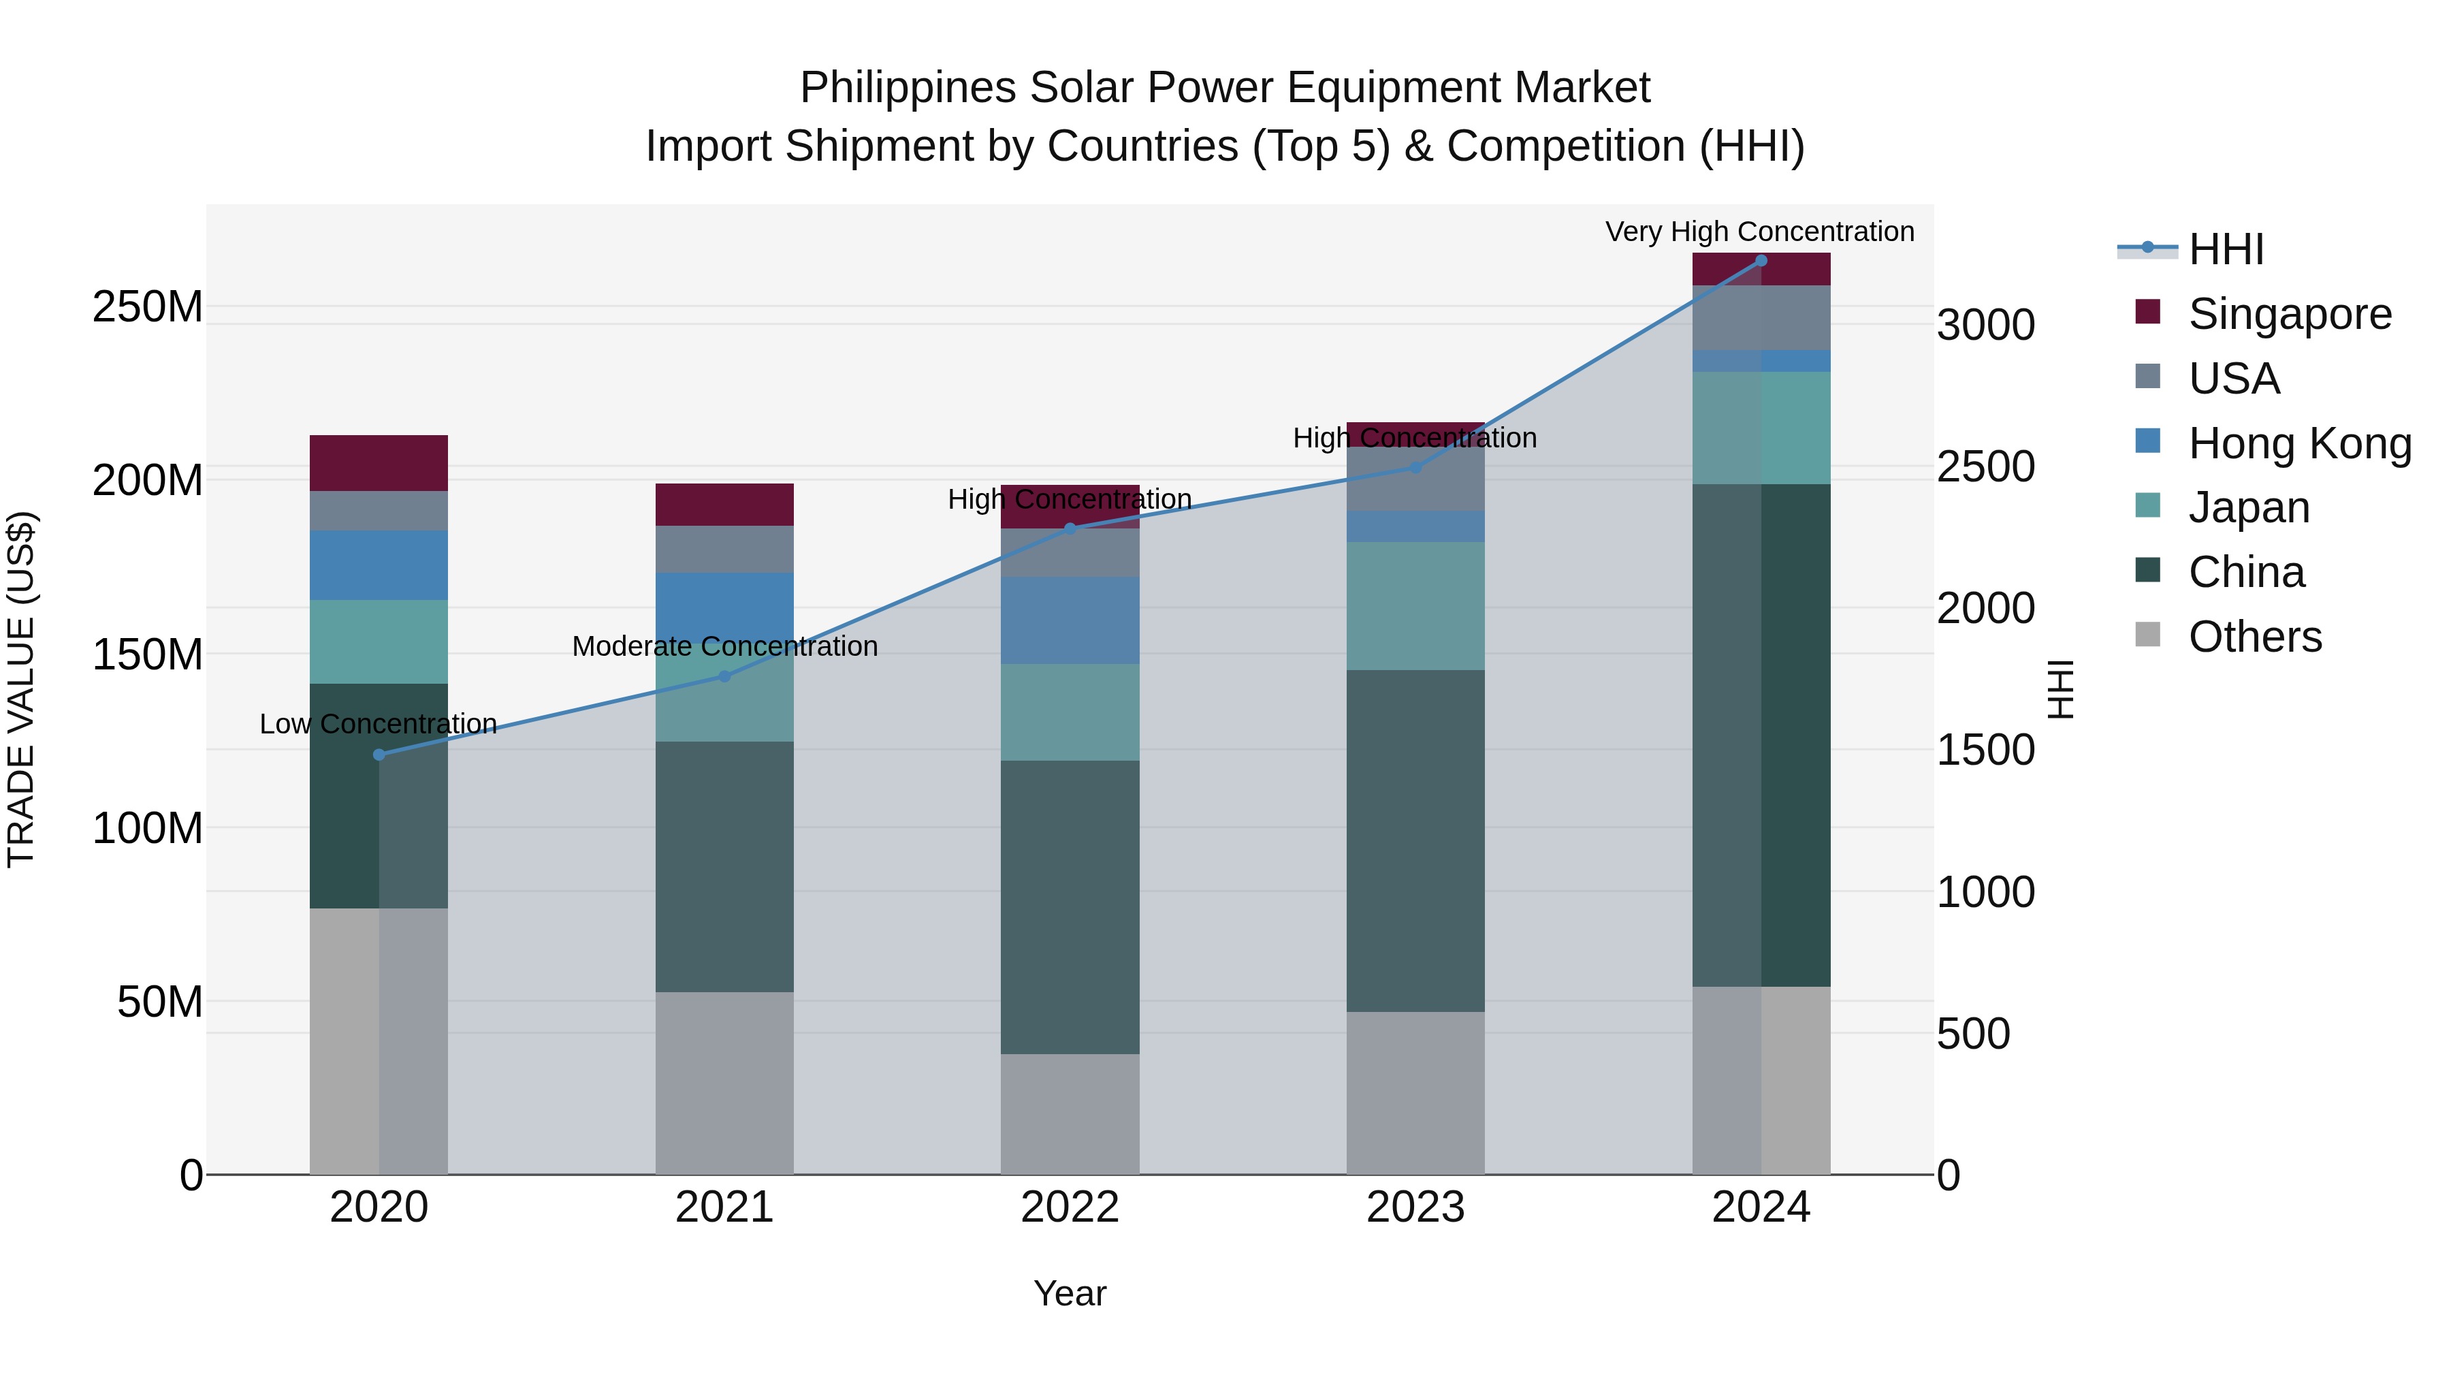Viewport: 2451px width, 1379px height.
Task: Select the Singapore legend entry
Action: (x=2288, y=314)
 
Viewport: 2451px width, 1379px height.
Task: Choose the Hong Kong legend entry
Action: (x=2298, y=443)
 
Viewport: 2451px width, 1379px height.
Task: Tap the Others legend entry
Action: (x=2254, y=637)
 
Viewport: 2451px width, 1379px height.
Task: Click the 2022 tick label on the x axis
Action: (x=1070, y=1207)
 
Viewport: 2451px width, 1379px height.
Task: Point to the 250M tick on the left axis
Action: (x=148, y=307)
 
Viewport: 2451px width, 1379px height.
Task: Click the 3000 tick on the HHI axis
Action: (x=1986, y=326)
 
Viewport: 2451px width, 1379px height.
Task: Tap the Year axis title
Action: (x=1070, y=1293)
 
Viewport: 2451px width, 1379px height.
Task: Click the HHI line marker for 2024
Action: (x=1760, y=261)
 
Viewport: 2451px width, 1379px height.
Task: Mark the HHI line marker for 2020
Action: (x=379, y=755)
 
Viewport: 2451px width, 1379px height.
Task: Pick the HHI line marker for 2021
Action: (x=724, y=677)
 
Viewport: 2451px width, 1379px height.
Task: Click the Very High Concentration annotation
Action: (x=1759, y=232)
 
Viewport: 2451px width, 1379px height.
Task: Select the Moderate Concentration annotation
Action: (x=724, y=646)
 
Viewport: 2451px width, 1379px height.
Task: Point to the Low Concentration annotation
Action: (x=378, y=725)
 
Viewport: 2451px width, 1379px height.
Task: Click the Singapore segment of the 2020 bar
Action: (x=379, y=464)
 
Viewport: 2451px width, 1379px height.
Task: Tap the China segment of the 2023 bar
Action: (x=1415, y=840)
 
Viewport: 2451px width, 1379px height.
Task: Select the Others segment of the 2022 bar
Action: (x=1070, y=1113)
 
